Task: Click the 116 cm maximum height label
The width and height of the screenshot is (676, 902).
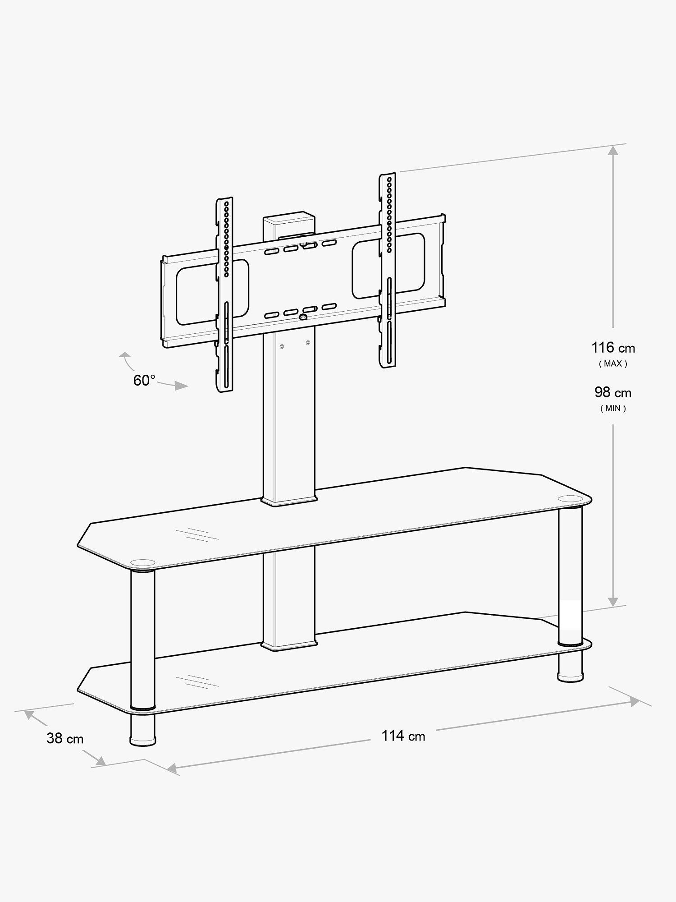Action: [x=613, y=348]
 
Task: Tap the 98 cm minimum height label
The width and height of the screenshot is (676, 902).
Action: [x=613, y=392]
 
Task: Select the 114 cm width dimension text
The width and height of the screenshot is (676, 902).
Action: [x=403, y=736]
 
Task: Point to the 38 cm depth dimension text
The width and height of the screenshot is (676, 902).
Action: [x=65, y=738]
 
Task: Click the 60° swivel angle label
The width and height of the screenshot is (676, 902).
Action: [x=144, y=380]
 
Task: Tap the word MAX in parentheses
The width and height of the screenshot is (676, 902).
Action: [x=613, y=364]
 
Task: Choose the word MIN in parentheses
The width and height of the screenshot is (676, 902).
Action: [x=613, y=409]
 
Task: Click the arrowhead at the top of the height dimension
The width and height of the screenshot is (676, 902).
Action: [x=612, y=151]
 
